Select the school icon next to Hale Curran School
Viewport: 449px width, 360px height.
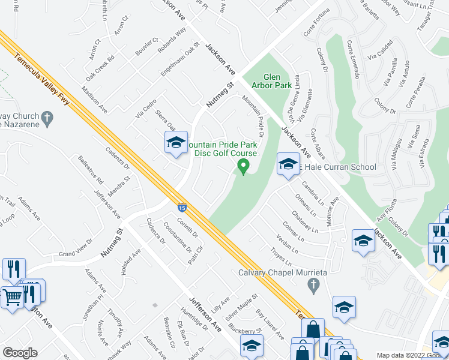click(x=288, y=164)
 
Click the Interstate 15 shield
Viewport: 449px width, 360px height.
click(x=181, y=208)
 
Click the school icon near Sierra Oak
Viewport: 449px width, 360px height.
click(x=176, y=143)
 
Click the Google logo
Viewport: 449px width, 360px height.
click(x=20, y=352)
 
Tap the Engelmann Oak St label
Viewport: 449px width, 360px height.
click(x=179, y=59)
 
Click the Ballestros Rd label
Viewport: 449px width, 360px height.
click(x=90, y=170)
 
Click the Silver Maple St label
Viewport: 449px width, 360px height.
click(x=241, y=305)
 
